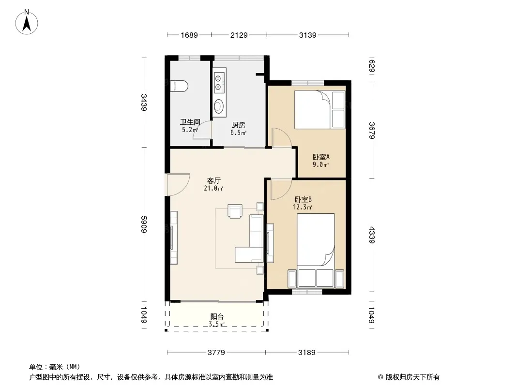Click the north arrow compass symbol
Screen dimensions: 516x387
27,22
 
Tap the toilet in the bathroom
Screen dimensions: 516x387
180,86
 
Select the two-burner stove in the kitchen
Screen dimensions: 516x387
218,83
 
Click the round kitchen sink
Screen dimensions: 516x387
218,106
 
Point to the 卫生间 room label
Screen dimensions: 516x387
190,122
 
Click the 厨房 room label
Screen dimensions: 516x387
239,125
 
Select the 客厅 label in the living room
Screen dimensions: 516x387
213,180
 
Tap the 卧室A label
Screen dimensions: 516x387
321,157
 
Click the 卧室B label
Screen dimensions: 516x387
303,199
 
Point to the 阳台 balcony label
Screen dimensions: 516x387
217,317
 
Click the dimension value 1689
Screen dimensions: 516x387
189,35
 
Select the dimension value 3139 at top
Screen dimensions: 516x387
308,35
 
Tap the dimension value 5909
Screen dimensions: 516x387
144,224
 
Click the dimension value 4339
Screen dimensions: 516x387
372,235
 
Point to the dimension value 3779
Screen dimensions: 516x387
216,353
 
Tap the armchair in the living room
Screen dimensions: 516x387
235,211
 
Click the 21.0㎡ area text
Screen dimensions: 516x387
213,188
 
